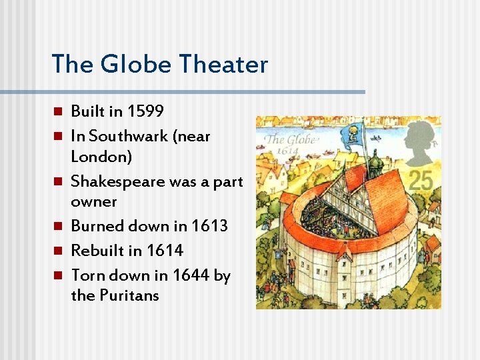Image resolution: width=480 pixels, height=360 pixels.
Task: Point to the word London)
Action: [x=101, y=157]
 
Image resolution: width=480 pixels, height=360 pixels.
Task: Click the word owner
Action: [x=94, y=201]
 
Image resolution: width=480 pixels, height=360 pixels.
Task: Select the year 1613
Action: [x=209, y=226]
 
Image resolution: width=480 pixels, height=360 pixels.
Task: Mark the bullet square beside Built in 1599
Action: [x=57, y=111]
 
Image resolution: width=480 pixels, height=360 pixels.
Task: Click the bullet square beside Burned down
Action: [x=57, y=226]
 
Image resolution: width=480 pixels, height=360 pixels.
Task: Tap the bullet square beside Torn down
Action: [x=57, y=275]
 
